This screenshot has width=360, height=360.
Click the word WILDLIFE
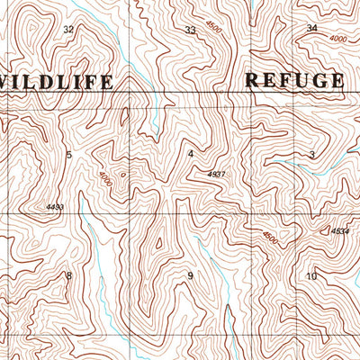(x=56, y=82)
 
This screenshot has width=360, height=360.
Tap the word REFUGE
(x=294, y=80)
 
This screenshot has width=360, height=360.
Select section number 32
(x=68, y=30)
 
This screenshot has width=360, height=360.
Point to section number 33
(x=190, y=31)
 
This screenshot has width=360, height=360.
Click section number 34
(x=312, y=29)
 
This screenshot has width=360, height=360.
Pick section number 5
(x=68, y=156)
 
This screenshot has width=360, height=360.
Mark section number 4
(x=190, y=154)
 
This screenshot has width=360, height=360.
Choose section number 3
(x=311, y=156)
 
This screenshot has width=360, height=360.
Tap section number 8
(x=68, y=275)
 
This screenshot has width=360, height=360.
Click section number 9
(x=190, y=275)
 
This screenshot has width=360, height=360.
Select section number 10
(x=311, y=275)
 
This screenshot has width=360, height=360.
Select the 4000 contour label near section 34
(x=338, y=40)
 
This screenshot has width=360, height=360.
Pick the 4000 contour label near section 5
(x=107, y=178)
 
